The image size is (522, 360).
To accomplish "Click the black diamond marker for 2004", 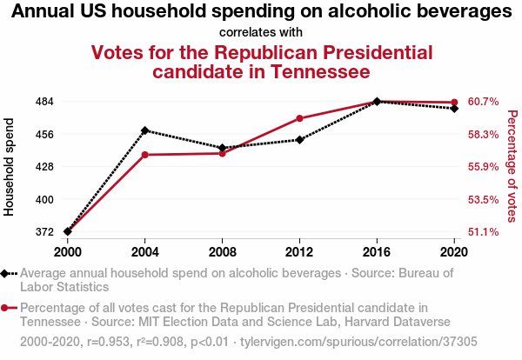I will (x=145, y=130).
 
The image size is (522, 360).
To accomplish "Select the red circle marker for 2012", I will (x=299, y=118).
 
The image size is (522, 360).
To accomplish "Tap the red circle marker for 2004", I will (x=145, y=155).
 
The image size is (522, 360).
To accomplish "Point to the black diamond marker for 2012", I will (x=299, y=139).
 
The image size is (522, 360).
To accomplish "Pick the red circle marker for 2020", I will (x=454, y=103).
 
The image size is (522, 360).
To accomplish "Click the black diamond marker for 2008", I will (x=223, y=148).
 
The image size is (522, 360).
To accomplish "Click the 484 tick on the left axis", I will (x=43, y=101).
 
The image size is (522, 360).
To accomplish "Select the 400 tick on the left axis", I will (x=43, y=199).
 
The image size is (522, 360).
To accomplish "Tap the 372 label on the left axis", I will (x=43, y=232).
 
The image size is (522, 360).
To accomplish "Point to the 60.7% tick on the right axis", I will (x=483, y=101).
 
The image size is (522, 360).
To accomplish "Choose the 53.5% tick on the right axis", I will (x=483, y=199).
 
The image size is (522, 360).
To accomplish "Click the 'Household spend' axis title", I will (x=10, y=167).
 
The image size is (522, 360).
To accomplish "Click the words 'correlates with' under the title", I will (x=261, y=32).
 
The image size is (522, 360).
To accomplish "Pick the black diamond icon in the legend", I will (x=7, y=273).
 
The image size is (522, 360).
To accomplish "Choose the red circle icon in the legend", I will (x=7, y=308).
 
